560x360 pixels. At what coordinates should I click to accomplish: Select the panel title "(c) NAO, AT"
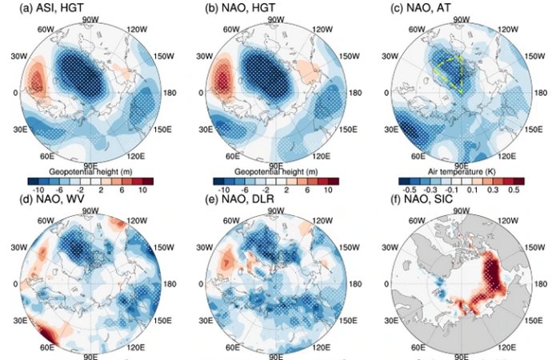(x=408, y=8)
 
